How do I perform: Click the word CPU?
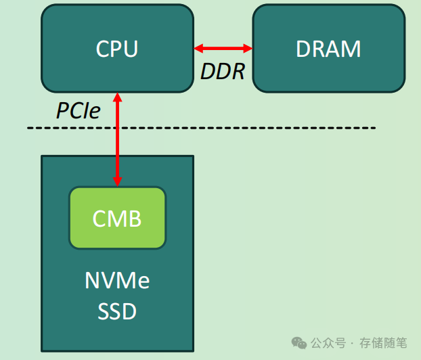pos(117,49)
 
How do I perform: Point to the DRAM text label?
pos(328,49)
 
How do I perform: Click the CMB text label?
pos(117,219)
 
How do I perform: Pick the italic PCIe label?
pos(78,111)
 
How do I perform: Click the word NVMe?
pos(117,281)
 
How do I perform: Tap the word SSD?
pos(117,311)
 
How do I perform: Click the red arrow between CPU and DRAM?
pos(223,49)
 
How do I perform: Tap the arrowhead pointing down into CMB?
pos(118,181)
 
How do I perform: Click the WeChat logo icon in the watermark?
pos(298,343)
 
